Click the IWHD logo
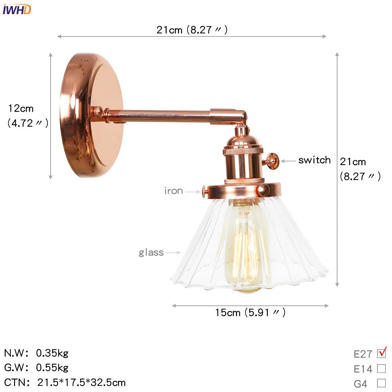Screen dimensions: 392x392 click(16, 9)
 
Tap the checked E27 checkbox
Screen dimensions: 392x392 click(381, 354)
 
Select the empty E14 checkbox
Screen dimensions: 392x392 click(381, 369)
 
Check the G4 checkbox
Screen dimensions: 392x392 click(381, 383)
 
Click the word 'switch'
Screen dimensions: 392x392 click(314, 160)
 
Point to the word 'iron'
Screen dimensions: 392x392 click(174, 191)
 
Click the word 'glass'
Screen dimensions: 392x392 click(151, 252)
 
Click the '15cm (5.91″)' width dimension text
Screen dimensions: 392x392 click(250, 312)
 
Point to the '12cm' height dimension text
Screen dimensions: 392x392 click(21, 109)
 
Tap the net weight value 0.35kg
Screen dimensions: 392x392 click(52, 353)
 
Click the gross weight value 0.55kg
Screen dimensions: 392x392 click(52, 368)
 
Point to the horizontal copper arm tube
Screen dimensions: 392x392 click(161, 116)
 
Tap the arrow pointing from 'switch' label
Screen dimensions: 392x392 click(288, 161)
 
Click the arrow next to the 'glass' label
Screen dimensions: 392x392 click(173, 253)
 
